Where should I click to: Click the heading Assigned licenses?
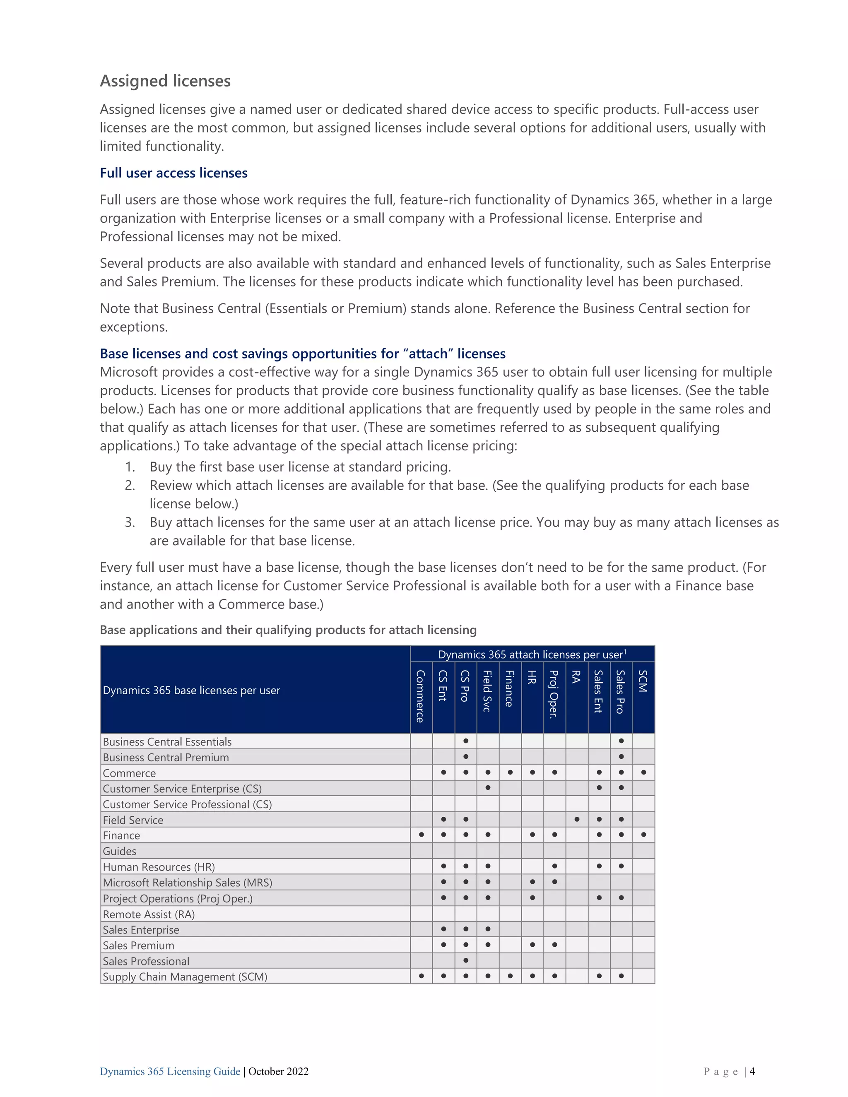[165, 81]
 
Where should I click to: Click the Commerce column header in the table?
[421, 696]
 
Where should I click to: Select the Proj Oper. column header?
[554, 694]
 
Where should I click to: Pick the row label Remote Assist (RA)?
[149, 914]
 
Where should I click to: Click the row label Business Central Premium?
[166, 757]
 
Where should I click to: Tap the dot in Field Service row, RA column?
[577, 819]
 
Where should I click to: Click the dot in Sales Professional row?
[466, 960]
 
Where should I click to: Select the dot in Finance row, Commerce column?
[421, 835]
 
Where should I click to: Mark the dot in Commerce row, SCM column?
[643, 772]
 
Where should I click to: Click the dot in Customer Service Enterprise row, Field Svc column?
[488, 788]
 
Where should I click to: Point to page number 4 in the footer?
[752, 1071]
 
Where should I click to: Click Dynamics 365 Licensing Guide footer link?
[170, 1071]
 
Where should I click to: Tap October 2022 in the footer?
[278, 1071]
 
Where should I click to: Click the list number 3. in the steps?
[130, 522]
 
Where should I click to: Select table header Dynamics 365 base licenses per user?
[191, 690]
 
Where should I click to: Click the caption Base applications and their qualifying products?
[288, 630]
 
